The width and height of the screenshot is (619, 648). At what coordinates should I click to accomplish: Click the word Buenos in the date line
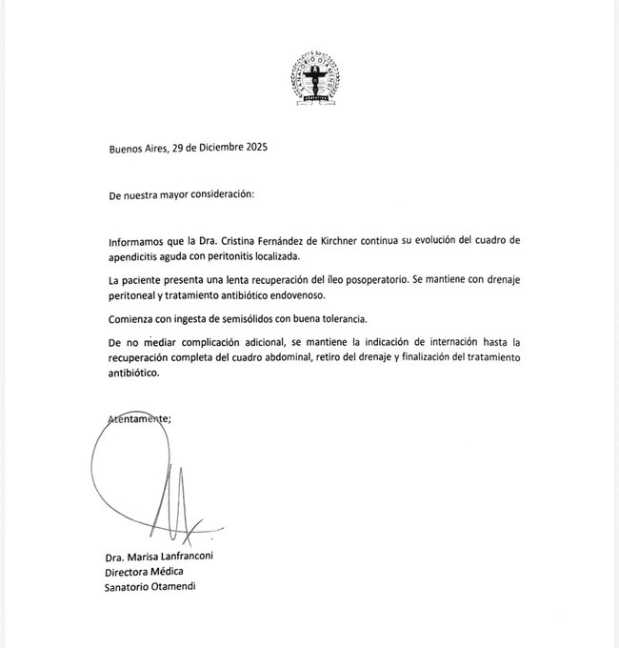(x=128, y=147)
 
